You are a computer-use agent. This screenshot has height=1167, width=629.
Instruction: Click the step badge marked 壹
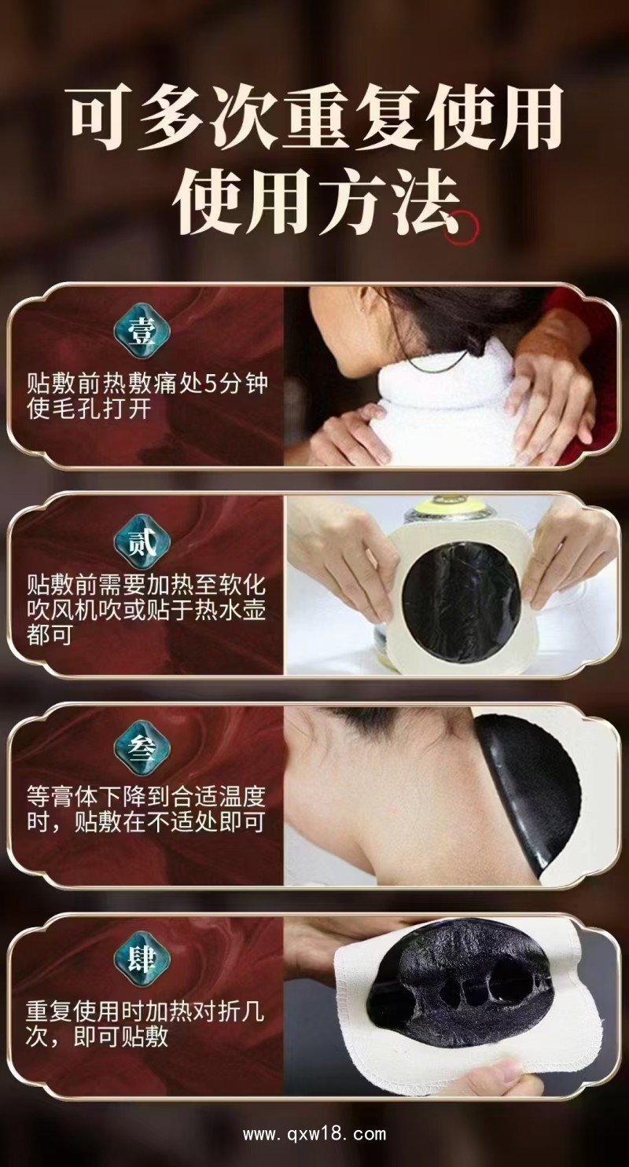[x=144, y=332]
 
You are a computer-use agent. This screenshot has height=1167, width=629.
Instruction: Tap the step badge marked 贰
[x=144, y=541]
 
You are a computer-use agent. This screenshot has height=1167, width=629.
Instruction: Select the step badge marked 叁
[x=144, y=750]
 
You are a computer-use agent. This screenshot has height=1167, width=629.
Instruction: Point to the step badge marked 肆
[x=144, y=960]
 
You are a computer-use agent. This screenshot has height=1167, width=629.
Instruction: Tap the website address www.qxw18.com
[x=314, y=1134]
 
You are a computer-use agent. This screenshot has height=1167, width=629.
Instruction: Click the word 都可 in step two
[x=50, y=635]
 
